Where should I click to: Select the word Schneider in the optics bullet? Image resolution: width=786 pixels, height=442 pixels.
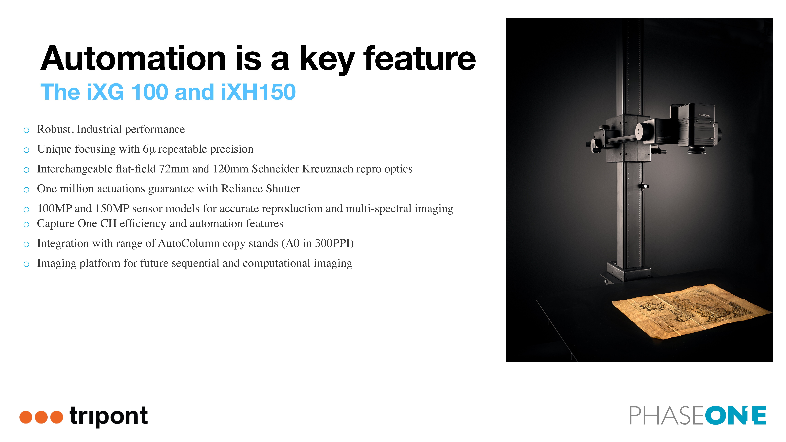click(275, 169)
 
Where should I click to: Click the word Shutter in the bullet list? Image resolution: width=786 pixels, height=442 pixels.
click(283, 188)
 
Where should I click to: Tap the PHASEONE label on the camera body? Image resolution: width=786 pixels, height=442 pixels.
click(704, 115)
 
